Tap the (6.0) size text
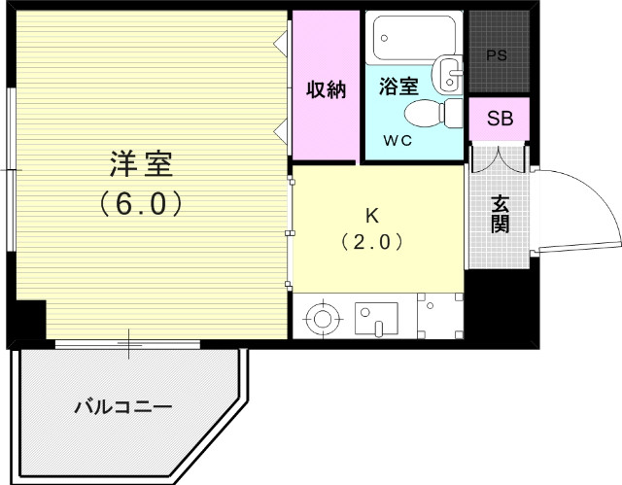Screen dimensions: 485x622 (140, 205)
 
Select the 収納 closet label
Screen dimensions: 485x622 (327, 89)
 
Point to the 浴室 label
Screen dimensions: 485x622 (397, 86)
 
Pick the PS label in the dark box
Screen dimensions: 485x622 (497, 54)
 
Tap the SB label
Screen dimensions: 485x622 (500, 120)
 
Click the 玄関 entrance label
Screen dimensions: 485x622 (500, 214)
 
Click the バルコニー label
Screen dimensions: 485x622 (123, 406)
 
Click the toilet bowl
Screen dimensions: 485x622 (424, 114)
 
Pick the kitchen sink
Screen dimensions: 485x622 (376, 317)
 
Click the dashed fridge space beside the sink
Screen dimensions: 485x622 (440, 316)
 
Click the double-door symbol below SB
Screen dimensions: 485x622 (500, 157)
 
